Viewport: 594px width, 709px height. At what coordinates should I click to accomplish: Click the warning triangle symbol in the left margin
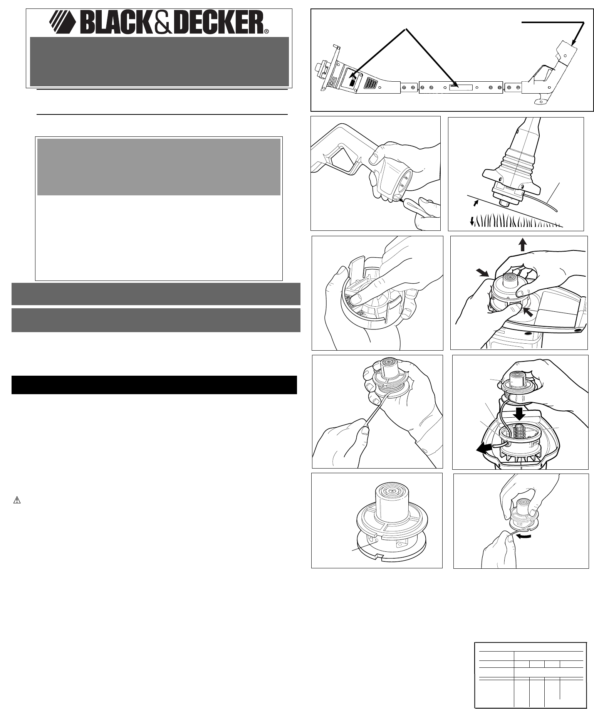coord(17,501)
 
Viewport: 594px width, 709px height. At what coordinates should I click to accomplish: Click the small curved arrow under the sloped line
coord(475,202)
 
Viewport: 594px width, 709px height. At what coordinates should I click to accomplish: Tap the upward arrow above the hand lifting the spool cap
coord(522,245)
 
